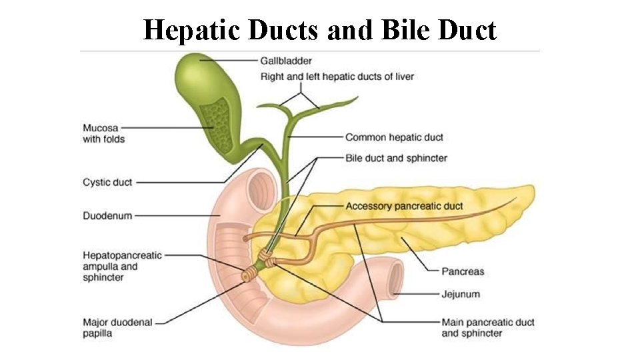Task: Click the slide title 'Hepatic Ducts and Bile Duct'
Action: pos(319,29)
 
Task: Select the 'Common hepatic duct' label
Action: pos(394,137)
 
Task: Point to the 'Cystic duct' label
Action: pos(107,182)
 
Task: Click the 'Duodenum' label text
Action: pos(107,215)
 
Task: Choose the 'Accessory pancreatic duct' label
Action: pos(404,206)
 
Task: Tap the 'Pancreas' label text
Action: pos(463,271)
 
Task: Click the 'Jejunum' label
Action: pos(461,293)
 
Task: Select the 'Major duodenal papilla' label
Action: pos(117,327)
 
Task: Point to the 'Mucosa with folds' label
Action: pos(103,133)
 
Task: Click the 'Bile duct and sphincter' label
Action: pos(396,158)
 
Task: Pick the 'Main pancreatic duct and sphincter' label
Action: pos(487,327)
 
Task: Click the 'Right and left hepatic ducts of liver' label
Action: pos(337,77)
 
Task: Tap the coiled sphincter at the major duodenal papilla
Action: pos(252,273)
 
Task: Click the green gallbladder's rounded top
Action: pos(193,67)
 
